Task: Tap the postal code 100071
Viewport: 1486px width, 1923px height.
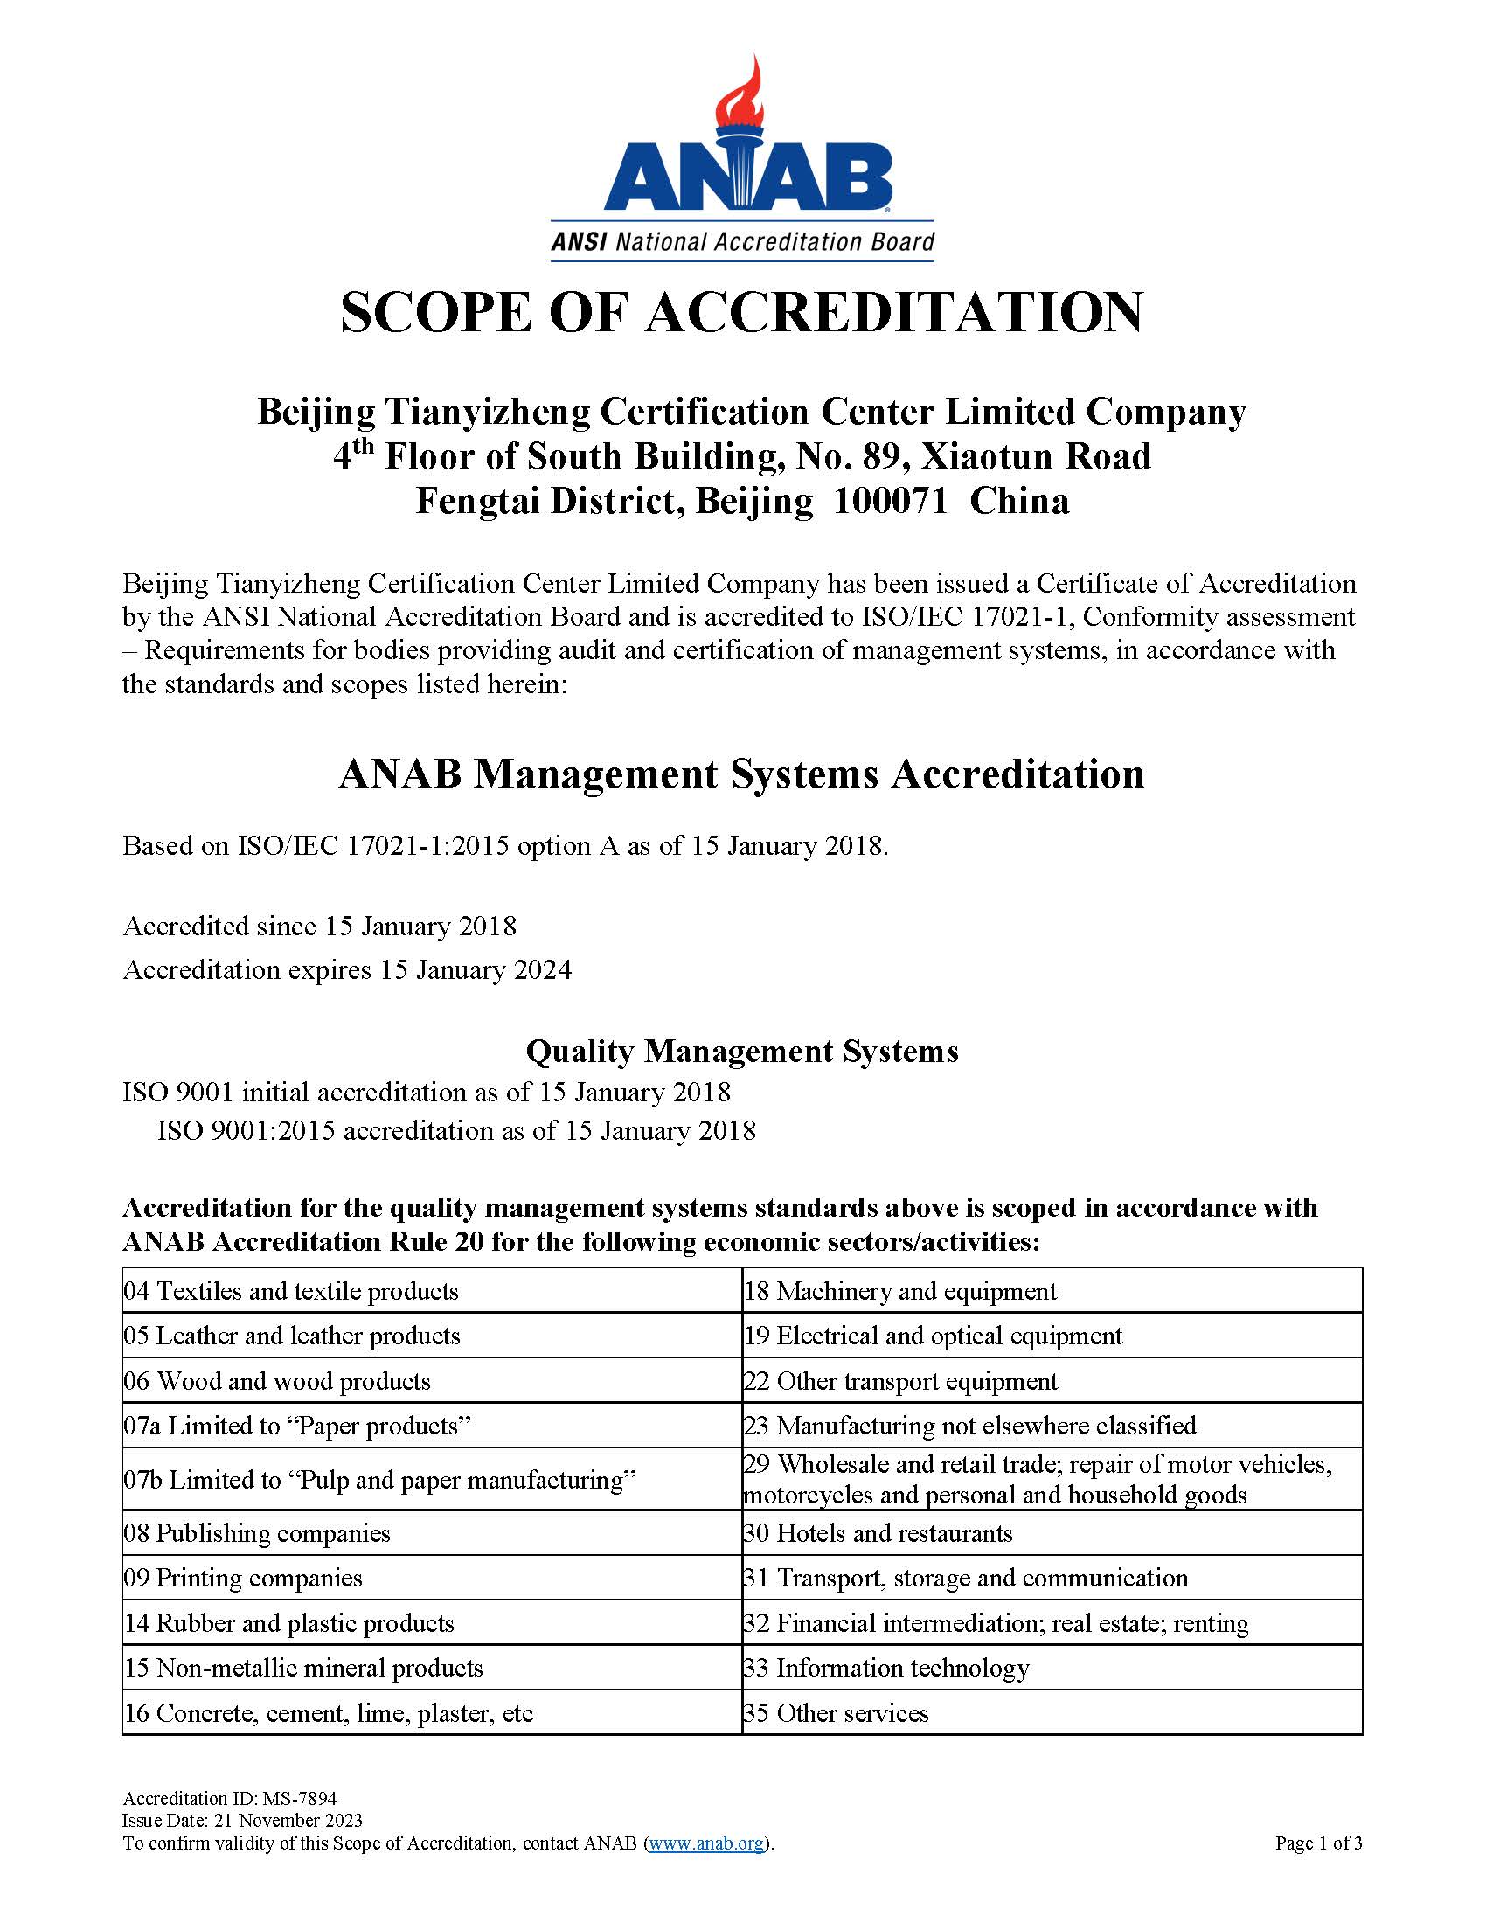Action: tap(889, 501)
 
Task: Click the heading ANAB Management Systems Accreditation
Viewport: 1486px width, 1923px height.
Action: tap(741, 774)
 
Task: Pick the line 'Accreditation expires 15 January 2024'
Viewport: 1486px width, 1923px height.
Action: tap(347, 969)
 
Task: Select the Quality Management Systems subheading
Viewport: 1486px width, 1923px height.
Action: tap(741, 1051)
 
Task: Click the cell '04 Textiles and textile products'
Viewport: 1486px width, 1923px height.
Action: tap(291, 1291)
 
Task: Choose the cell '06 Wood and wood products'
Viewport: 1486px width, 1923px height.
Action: tap(277, 1380)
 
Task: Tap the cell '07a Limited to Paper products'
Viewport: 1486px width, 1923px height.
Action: tap(297, 1426)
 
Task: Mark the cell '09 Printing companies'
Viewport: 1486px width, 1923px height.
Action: tap(243, 1577)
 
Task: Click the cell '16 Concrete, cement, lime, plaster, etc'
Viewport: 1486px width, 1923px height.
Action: tap(329, 1712)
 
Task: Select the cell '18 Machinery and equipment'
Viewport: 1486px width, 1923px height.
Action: tap(900, 1291)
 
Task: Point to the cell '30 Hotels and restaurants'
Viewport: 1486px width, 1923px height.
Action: tap(878, 1533)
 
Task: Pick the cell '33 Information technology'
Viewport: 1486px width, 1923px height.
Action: tap(886, 1668)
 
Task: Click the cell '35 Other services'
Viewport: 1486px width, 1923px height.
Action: tap(837, 1712)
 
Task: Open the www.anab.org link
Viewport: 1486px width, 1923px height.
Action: tap(706, 1843)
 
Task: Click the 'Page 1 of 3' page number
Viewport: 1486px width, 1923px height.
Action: tap(1318, 1843)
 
